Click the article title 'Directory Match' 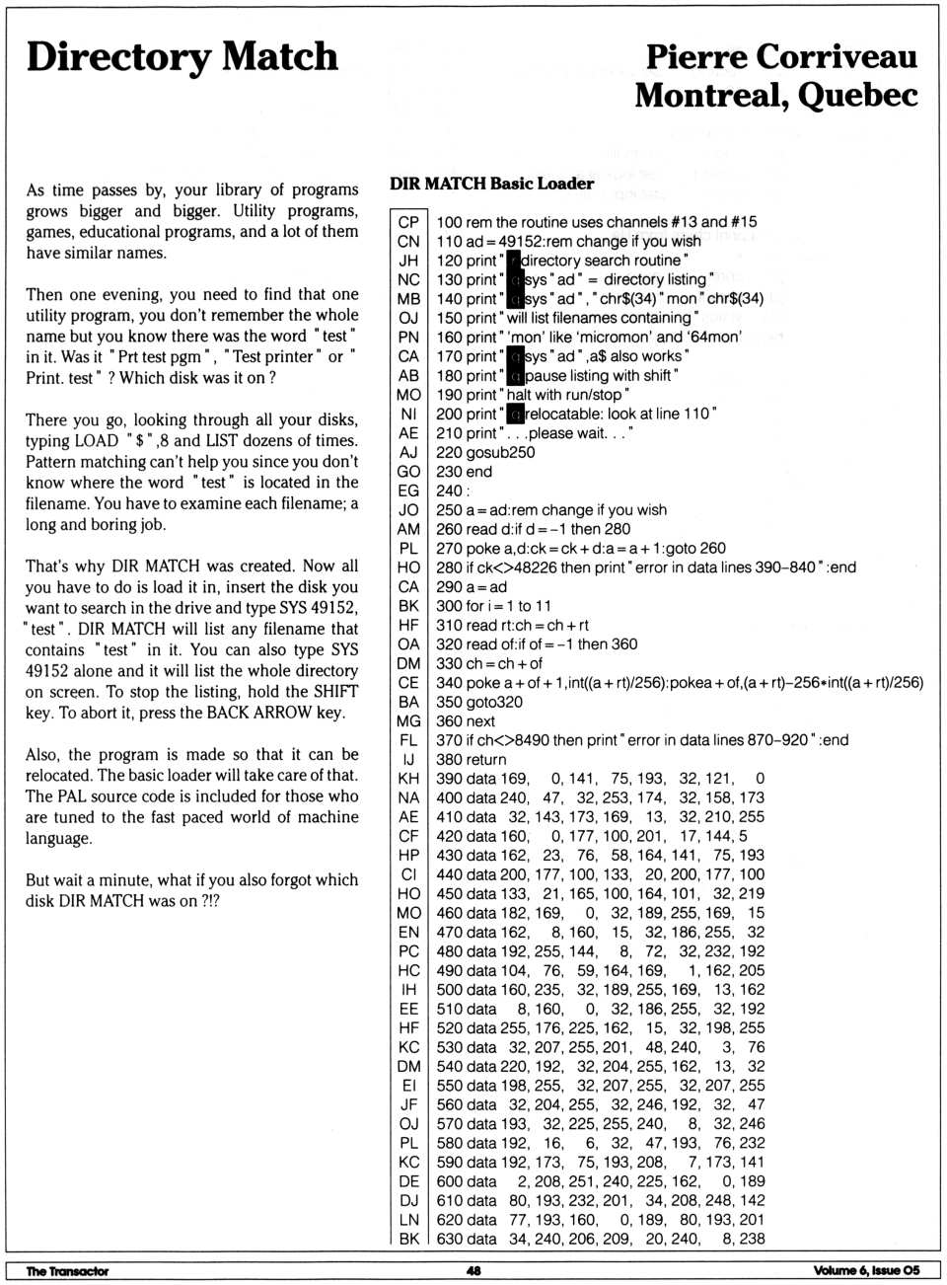click(182, 56)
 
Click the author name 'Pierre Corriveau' click(781, 56)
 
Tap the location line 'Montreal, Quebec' click(776, 96)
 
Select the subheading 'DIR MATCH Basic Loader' click(491, 184)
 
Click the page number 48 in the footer click(473, 1271)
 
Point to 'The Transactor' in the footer click(67, 1271)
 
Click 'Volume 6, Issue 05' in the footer click(866, 1271)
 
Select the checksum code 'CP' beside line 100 click(408, 222)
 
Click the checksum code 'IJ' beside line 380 click(408, 760)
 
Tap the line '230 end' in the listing click(464, 472)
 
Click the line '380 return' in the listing click(471, 760)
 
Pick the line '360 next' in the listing click(465, 721)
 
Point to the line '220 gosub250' click(485, 453)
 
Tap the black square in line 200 click(514, 415)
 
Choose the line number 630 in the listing click(449, 1240)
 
